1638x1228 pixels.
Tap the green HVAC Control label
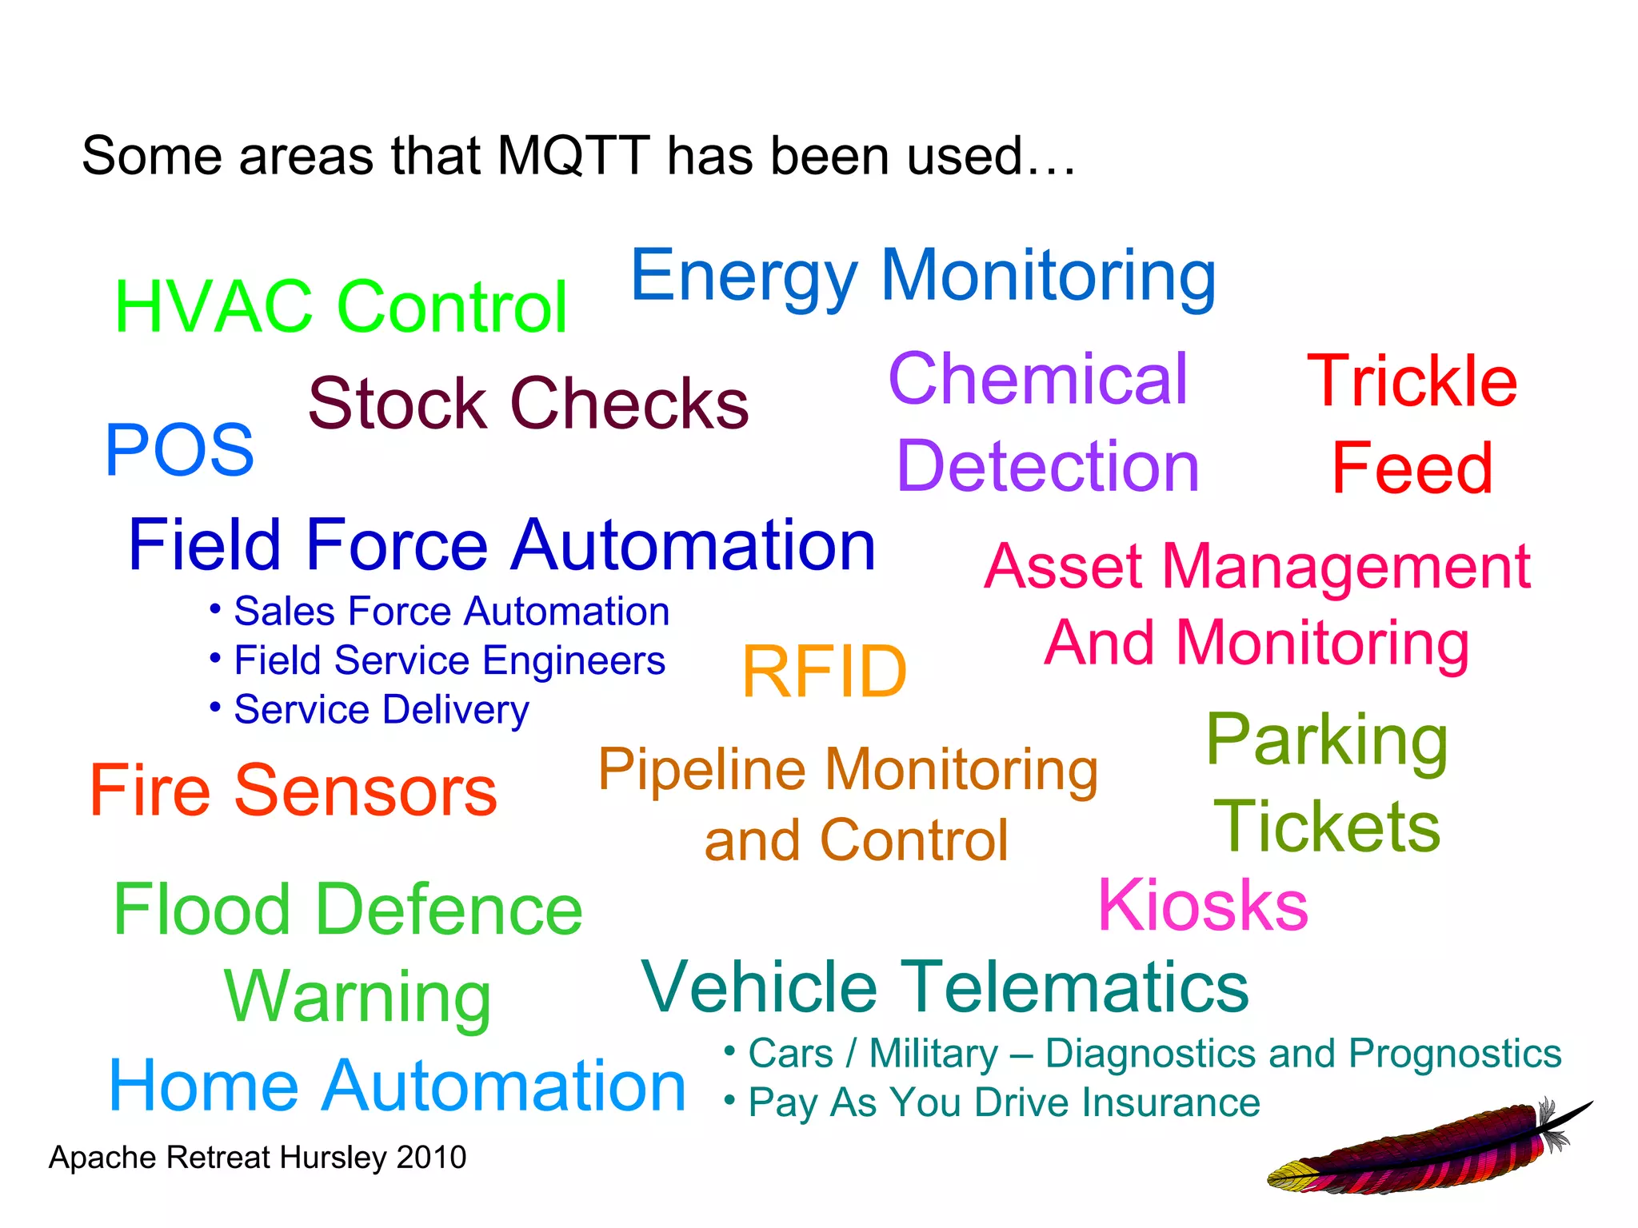click(341, 307)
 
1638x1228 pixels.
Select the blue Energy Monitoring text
click(923, 277)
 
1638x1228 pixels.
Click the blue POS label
click(179, 451)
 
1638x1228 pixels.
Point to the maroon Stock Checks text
click(528, 404)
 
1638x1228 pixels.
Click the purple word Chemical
click(1037, 379)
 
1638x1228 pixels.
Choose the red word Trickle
click(1412, 382)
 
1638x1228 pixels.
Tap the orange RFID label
click(825, 672)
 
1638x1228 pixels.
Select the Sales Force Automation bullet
click(451, 612)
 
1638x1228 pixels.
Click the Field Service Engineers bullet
click(449, 661)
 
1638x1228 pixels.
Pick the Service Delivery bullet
click(381, 710)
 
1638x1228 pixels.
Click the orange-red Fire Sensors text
click(294, 791)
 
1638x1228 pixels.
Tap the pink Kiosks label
click(1203, 906)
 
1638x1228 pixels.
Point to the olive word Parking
click(1327, 741)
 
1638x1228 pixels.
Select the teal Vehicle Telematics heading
click(945, 987)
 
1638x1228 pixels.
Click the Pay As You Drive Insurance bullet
click(1004, 1103)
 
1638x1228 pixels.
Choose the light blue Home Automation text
click(398, 1086)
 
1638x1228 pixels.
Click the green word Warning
click(358, 997)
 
